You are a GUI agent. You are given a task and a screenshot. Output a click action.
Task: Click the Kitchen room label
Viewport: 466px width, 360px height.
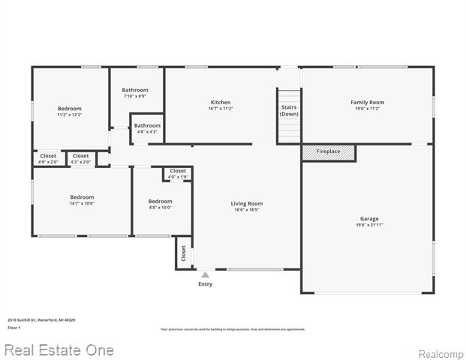(221, 102)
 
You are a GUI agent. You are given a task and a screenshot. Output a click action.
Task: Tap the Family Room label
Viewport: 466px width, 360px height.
(367, 102)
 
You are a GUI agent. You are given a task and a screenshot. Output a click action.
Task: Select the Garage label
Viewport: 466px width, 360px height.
(368, 219)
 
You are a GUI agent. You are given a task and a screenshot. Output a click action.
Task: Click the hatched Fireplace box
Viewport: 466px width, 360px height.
(328, 152)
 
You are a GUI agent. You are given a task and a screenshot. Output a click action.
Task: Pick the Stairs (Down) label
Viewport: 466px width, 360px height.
(289, 110)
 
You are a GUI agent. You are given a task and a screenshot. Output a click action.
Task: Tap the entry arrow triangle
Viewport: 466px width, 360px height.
(205, 275)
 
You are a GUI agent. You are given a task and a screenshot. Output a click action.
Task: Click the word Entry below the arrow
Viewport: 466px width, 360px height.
(205, 284)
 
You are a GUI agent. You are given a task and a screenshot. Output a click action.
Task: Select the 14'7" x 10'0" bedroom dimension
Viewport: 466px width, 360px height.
(82, 203)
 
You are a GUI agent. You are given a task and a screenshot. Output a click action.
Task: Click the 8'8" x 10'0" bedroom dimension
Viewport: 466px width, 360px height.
(160, 208)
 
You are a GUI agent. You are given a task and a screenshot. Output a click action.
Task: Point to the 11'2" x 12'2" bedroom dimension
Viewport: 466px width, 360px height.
(69, 115)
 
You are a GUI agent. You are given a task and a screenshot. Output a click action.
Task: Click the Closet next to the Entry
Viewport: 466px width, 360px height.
(183, 254)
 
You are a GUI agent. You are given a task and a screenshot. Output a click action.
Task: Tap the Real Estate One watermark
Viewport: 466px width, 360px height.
(59, 350)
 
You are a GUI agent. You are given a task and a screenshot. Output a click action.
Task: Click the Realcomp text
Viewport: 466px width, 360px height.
(440, 354)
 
